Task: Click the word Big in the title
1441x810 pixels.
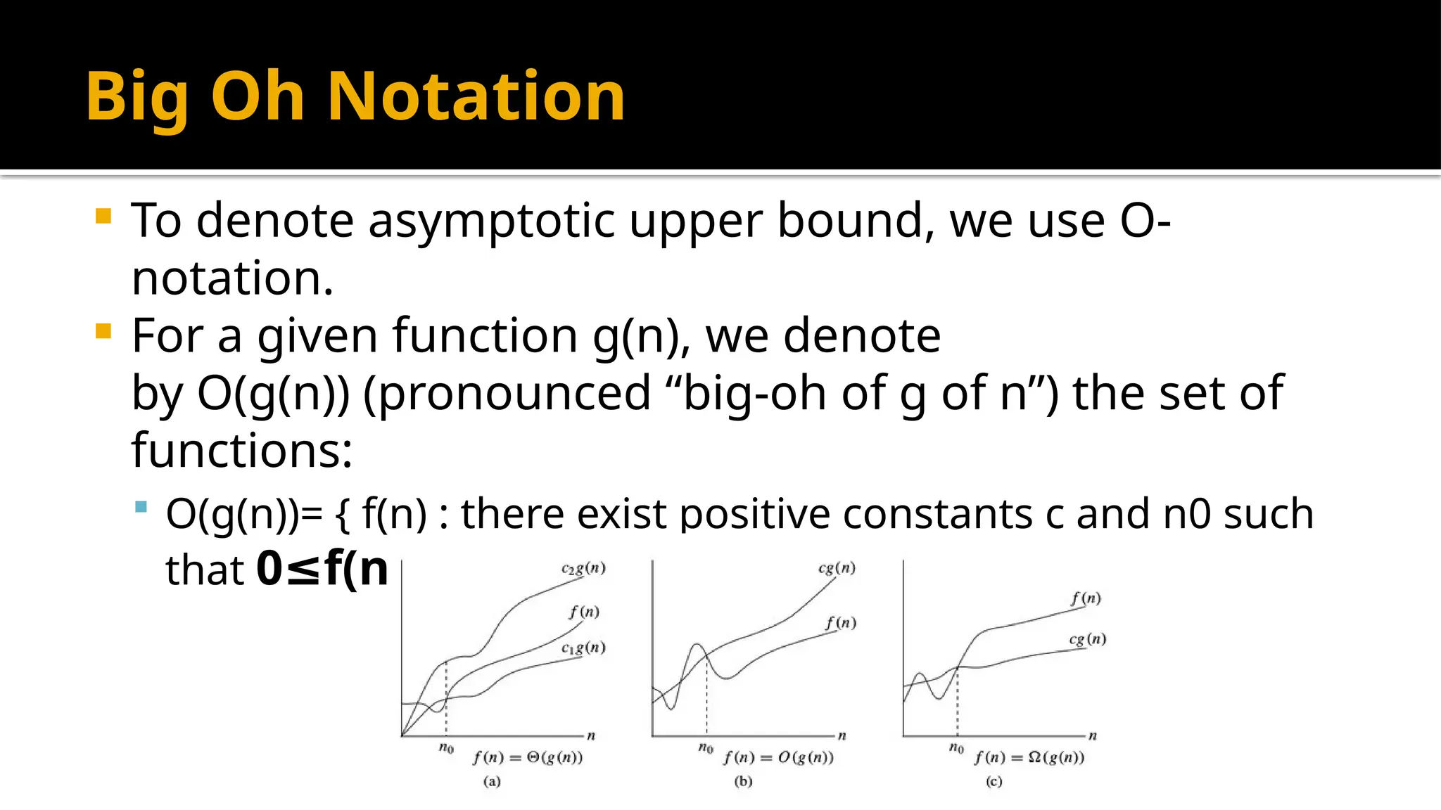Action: click(x=137, y=98)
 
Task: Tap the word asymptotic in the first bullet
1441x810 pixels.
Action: click(x=491, y=221)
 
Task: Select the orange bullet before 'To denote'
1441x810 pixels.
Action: click(x=103, y=216)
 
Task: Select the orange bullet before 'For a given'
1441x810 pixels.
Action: click(x=103, y=330)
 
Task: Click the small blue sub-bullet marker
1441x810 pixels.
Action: click(x=141, y=506)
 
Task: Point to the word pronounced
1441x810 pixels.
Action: click(x=507, y=394)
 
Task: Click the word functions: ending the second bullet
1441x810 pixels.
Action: click(x=241, y=451)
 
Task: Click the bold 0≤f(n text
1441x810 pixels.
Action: click(x=322, y=569)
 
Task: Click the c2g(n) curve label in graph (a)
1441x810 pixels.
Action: click(x=583, y=568)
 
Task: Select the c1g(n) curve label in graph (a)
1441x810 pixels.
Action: click(x=583, y=648)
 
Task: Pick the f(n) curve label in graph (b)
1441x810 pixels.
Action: click(x=841, y=623)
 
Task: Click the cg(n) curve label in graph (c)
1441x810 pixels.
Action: click(x=1088, y=639)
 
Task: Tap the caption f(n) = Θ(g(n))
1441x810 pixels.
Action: click(x=528, y=757)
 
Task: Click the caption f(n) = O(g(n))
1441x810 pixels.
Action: click(x=778, y=757)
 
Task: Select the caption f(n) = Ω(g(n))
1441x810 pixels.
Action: click(x=1029, y=757)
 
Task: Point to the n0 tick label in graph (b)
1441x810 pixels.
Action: click(x=706, y=747)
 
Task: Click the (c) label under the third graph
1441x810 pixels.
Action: click(x=994, y=781)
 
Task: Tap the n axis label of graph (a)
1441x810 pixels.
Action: click(x=591, y=736)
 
